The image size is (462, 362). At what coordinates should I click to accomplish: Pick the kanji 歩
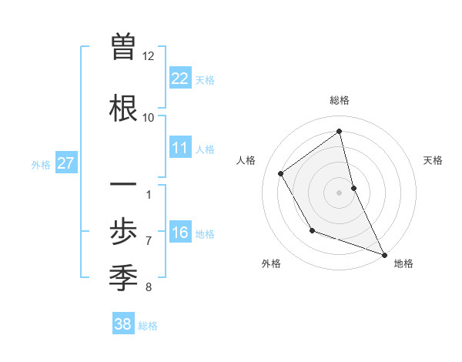pos(124,231)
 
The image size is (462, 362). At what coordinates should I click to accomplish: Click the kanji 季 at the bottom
pos(124,277)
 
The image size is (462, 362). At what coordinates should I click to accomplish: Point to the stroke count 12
pos(148,55)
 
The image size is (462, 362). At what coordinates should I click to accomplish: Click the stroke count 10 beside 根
pos(148,117)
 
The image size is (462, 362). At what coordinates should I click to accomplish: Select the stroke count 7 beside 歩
pos(148,240)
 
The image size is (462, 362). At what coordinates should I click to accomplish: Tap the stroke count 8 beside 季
pos(148,287)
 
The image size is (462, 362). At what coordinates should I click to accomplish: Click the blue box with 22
pos(180,79)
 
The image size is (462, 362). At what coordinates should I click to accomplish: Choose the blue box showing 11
pos(180,148)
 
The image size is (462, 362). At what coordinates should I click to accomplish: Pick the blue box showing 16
pos(180,233)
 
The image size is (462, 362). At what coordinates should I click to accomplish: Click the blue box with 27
pos(65,163)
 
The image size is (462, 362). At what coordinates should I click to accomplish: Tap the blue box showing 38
pos(122,324)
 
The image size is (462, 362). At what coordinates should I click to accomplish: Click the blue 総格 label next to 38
pos(148,326)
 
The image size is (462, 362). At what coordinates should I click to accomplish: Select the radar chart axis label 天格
pos(433,160)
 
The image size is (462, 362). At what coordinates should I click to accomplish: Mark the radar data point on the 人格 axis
pos(281,173)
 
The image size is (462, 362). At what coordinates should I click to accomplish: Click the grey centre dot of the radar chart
pos(339,193)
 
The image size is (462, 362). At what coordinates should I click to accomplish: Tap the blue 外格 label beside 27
pos(41,164)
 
